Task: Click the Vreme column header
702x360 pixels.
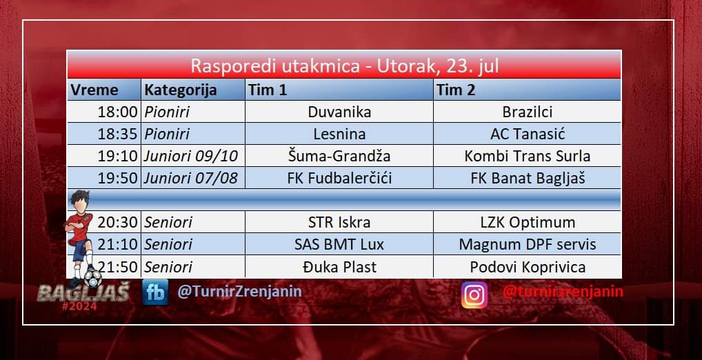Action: coord(104,90)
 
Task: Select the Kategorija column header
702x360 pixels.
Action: coord(193,90)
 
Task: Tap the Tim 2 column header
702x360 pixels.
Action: coord(527,90)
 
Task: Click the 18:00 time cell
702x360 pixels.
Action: coord(104,112)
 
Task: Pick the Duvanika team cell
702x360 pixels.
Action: coord(339,112)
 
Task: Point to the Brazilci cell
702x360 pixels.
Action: coord(527,112)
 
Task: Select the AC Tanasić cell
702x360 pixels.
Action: coord(527,133)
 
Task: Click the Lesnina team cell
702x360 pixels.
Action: coord(339,133)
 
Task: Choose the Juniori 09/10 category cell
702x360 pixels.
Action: coord(193,156)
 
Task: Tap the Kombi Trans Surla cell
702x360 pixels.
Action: coord(527,156)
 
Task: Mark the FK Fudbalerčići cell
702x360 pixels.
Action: coord(339,178)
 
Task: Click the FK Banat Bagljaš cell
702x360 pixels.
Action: coord(527,178)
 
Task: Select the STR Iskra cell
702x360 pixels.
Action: coord(339,222)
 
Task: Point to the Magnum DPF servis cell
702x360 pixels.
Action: coord(527,244)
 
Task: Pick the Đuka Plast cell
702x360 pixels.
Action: coord(339,267)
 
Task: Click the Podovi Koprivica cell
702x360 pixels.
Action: coord(527,267)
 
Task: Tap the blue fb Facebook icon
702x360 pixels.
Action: coord(155,292)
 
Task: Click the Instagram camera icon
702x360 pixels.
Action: coord(474,295)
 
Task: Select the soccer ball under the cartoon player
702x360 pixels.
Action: coord(92,279)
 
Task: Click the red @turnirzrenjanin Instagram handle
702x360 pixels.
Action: coord(563,292)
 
